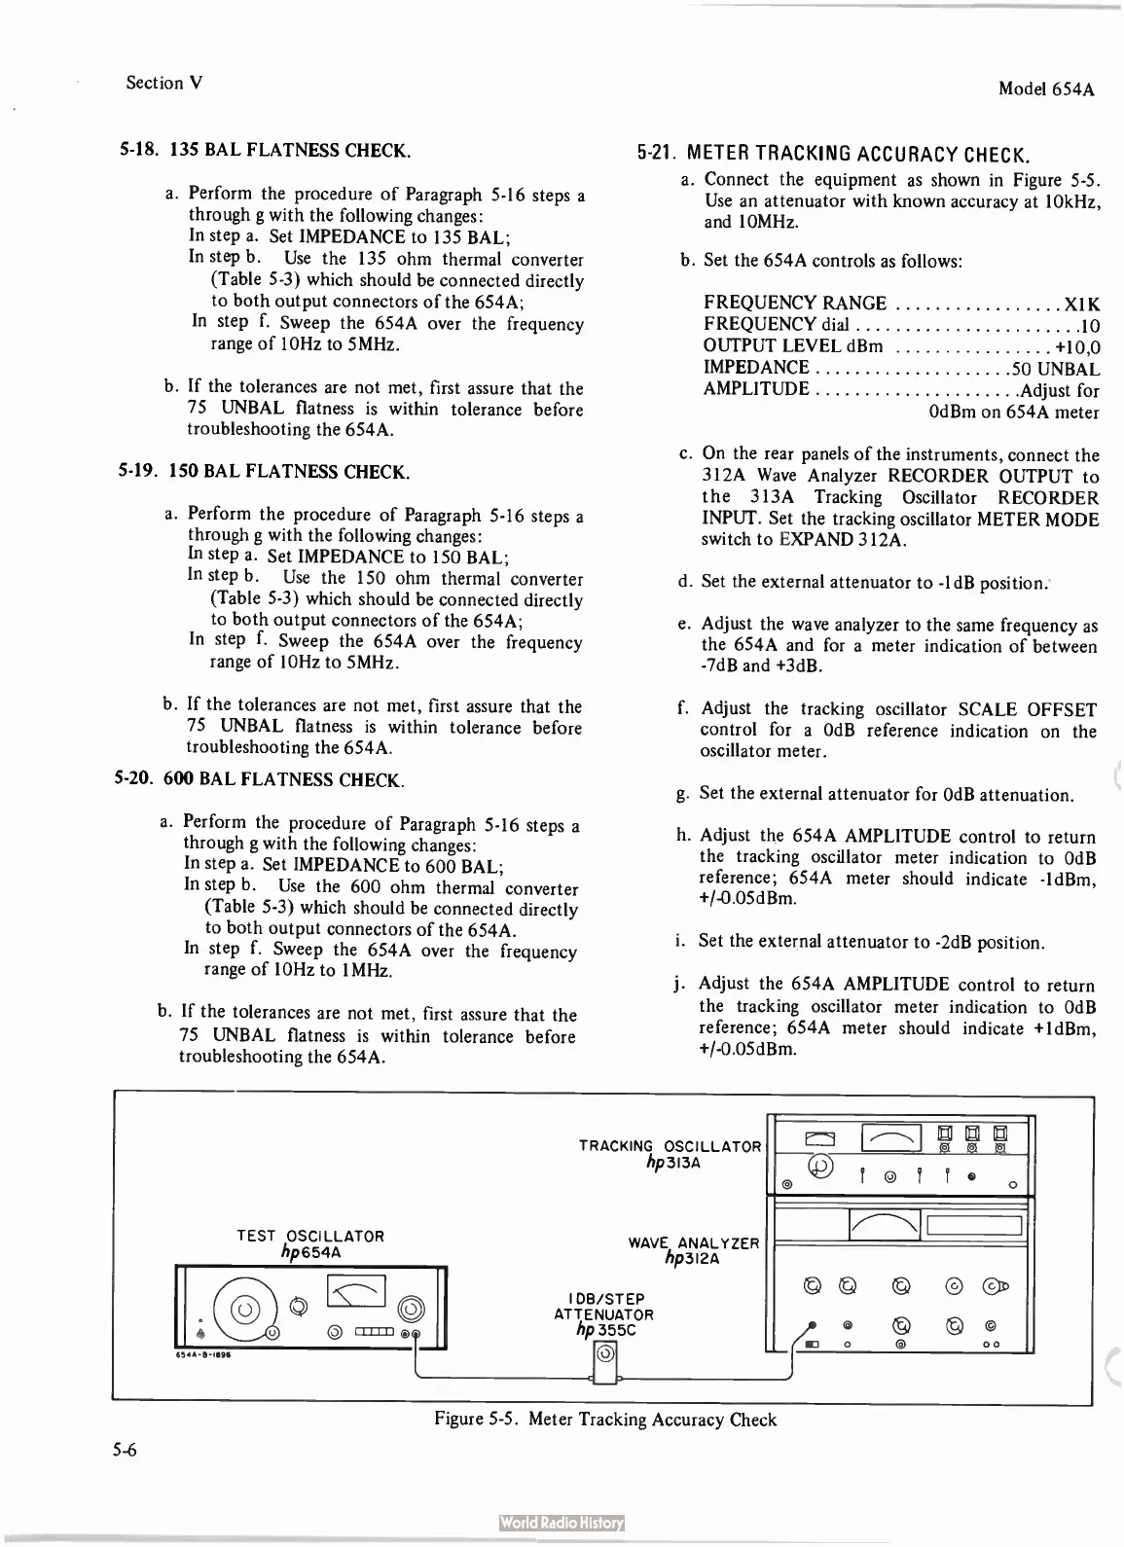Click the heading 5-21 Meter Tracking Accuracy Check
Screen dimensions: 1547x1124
click(833, 155)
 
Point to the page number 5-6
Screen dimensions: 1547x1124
click(124, 1451)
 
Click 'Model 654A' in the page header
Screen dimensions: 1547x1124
click(1046, 89)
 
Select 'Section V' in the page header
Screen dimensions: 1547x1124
click(164, 83)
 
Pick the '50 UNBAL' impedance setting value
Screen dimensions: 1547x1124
click(1056, 369)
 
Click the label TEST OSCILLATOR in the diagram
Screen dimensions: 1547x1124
click(310, 1236)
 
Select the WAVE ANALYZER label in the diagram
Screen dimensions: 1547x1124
click(693, 1243)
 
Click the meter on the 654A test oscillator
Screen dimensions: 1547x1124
click(357, 1293)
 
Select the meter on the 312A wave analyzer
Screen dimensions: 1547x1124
click(885, 1225)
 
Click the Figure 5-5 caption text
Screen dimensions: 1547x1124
click(604, 1420)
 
